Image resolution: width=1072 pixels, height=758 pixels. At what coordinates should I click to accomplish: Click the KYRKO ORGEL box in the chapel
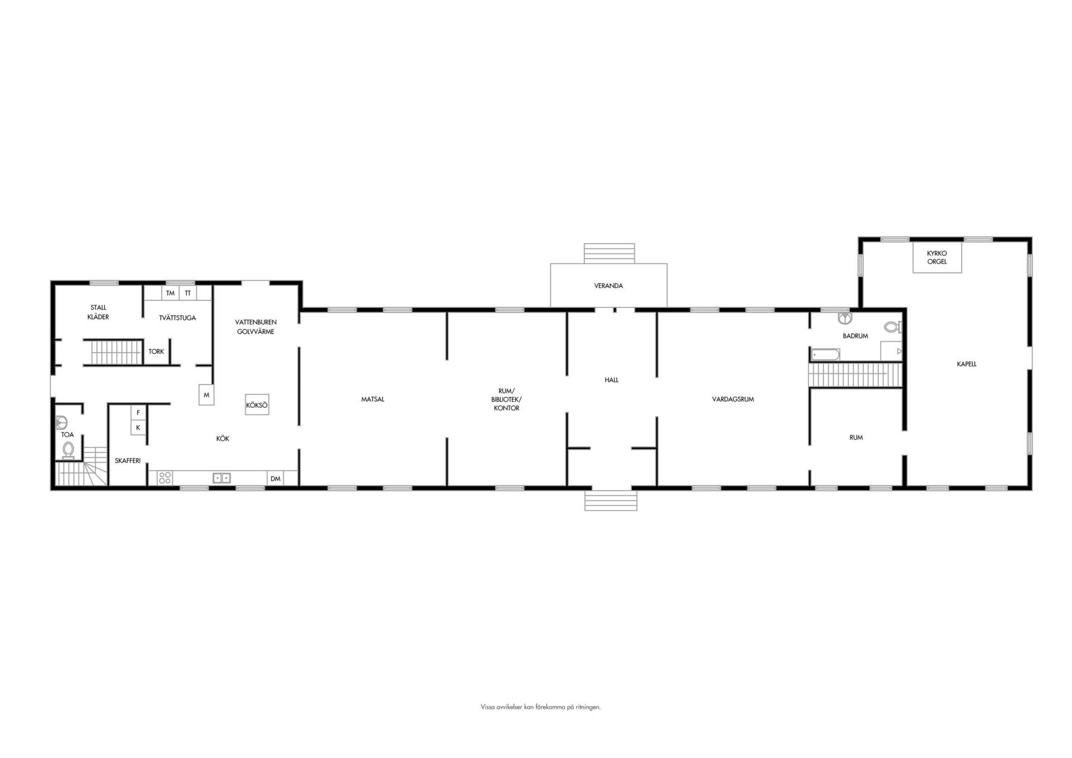click(937, 258)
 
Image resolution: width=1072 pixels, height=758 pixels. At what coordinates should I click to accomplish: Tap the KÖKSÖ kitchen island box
click(257, 405)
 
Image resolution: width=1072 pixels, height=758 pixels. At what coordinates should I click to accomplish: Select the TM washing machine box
click(170, 293)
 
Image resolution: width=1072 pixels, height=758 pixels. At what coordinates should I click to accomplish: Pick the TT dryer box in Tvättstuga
click(188, 293)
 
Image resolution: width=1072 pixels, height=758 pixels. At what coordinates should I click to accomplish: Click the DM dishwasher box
click(275, 479)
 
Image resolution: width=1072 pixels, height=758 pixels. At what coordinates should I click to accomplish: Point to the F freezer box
click(138, 413)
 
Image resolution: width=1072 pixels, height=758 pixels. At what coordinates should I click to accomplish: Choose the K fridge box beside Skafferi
click(138, 428)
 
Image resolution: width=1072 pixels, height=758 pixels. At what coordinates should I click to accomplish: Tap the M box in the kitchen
click(207, 395)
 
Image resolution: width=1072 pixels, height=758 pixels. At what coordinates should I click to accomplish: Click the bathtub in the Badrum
click(825, 355)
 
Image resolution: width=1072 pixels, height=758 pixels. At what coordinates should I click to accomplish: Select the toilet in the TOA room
click(69, 450)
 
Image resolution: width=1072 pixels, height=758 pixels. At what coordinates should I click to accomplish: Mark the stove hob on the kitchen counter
click(165, 478)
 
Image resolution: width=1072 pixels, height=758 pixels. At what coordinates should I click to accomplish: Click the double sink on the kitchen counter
click(222, 478)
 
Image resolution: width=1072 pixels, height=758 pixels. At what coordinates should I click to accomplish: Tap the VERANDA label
click(609, 286)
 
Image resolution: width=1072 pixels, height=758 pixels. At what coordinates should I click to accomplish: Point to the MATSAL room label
click(372, 399)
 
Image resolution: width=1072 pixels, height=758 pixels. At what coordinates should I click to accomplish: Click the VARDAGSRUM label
click(733, 399)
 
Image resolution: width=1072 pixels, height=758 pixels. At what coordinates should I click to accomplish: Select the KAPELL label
click(966, 364)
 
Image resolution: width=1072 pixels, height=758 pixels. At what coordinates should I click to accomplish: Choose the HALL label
click(611, 380)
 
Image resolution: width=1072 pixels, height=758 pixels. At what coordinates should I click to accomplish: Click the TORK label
click(156, 352)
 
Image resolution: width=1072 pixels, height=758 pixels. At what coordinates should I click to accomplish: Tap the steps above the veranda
click(610, 254)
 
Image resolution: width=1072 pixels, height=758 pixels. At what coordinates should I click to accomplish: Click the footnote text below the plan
click(540, 707)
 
